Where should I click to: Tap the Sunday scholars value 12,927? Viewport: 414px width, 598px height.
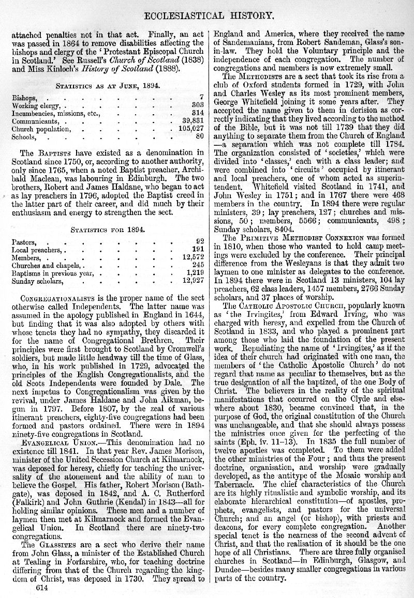[194, 282]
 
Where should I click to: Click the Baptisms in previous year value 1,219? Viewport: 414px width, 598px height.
[195, 273]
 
